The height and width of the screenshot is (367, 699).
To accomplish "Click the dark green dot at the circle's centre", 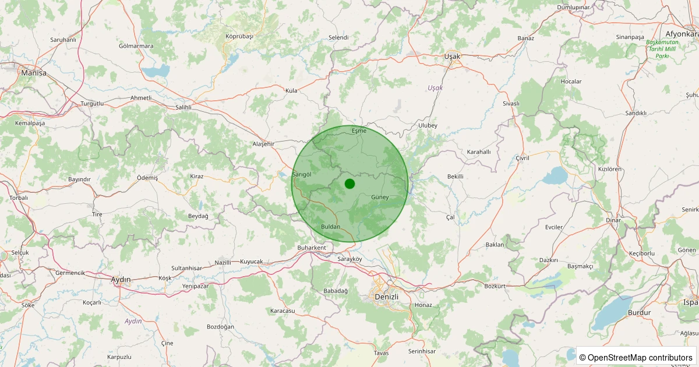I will click(x=349, y=183).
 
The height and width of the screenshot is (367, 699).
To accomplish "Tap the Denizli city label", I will click(x=386, y=297).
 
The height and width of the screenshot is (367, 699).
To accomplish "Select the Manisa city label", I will click(x=33, y=73).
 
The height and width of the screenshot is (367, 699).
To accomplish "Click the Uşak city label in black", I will click(x=452, y=57).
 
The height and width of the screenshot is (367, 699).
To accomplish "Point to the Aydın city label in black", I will click(x=121, y=280).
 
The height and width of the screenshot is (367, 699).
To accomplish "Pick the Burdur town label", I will click(x=639, y=313).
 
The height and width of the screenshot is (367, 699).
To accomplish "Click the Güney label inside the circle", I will click(x=380, y=197).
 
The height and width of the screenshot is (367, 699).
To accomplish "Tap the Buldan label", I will click(x=330, y=227).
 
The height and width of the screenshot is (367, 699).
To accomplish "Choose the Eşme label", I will click(x=359, y=130).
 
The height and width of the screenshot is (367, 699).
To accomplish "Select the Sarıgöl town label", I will click(x=302, y=174).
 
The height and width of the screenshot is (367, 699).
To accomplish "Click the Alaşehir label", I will click(x=263, y=144).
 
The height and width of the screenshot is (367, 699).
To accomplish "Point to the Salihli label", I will click(x=183, y=108).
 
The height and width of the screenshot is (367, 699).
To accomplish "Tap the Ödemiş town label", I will click(x=147, y=178).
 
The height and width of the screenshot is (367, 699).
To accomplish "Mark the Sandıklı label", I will click(x=636, y=113).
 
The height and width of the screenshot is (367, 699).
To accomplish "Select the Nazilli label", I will click(x=223, y=263).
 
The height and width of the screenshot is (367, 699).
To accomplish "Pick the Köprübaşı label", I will click(x=239, y=36).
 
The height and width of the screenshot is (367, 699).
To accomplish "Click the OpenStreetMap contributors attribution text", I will click(x=636, y=357).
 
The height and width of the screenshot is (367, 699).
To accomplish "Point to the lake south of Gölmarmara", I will click(x=156, y=72).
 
